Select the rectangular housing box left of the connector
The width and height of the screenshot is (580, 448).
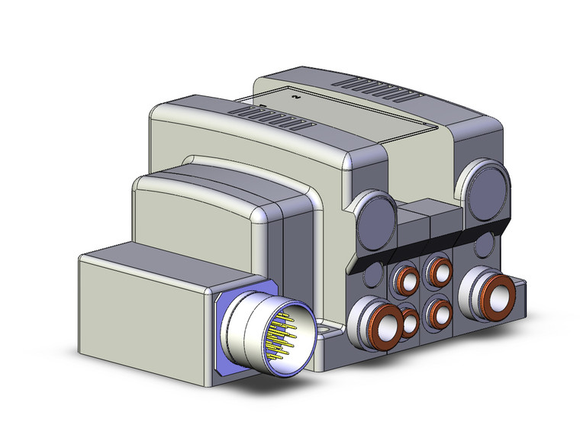point(145,309)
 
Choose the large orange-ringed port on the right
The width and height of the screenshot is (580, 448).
point(491,292)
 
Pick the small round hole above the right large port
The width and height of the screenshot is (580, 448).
point(484,244)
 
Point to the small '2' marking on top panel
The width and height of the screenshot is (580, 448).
point(294,96)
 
